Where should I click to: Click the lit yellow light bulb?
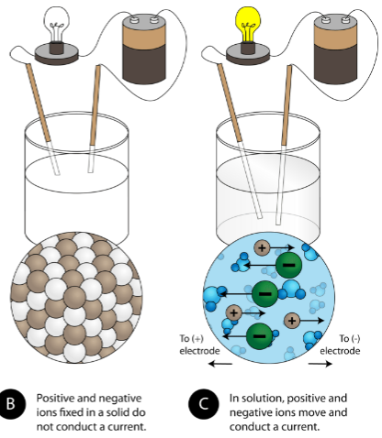pos(248,25)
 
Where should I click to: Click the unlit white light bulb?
pos(57,25)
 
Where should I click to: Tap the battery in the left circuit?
pos(144,49)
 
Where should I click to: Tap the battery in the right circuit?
pos(335,49)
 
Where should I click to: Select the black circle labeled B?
pos(11,404)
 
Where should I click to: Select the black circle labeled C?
pos(204,404)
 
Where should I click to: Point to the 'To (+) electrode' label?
pos(199,345)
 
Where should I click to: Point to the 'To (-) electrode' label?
pos(340,345)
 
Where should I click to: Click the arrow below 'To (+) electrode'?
pos(219,364)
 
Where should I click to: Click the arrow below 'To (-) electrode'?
pos(320,364)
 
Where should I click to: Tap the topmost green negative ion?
pos(288,265)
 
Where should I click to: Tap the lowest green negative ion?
pos(259,335)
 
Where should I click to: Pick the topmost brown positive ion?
pos(262,247)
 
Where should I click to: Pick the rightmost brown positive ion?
pos(292,321)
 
